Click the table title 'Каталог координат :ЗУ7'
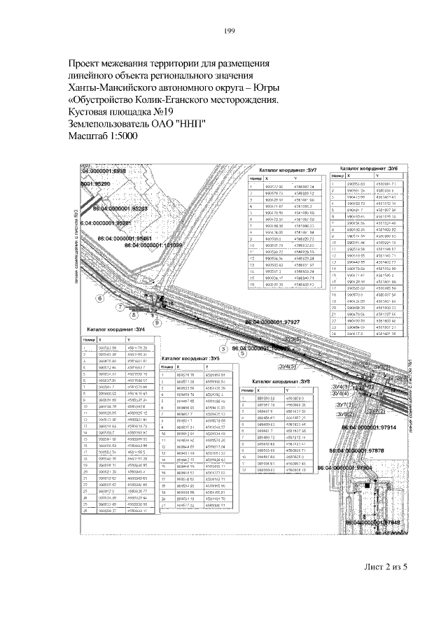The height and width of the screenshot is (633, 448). click(288, 170)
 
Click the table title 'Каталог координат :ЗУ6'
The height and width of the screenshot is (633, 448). click(369, 169)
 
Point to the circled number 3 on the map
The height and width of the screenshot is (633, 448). click(223, 348)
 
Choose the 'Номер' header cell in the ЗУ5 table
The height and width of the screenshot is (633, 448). click(167, 367)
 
